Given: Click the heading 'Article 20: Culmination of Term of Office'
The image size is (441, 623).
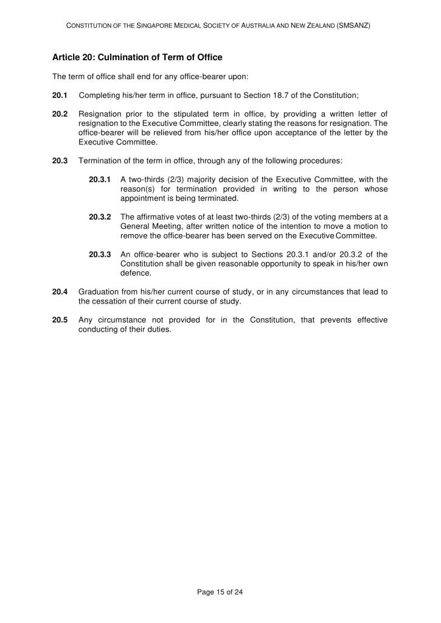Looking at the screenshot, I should (x=137, y=57).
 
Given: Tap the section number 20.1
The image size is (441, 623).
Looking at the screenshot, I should (x=60, y=96).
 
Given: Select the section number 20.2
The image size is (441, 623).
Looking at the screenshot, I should (x=60, y=114).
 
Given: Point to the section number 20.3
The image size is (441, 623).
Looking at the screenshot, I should (x=60, y=161).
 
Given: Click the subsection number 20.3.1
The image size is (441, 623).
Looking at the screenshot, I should (x=100, y=179).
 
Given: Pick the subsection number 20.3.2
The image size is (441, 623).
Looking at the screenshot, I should (x=100, y=217).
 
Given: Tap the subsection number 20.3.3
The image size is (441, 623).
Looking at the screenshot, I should (x=100, y=254).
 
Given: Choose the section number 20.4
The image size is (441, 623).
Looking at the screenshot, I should (x=60, y=291).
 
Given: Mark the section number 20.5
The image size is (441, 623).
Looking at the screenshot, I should (x=60, y=319).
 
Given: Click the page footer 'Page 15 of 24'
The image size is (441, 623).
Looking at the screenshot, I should (x=220, y=591).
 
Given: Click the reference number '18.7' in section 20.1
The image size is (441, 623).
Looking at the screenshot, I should (x=289, y=96).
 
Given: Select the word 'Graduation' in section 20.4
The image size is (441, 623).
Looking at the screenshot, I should (x=100, y=291).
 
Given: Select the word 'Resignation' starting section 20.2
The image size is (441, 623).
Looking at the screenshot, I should (x=101, y=114).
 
